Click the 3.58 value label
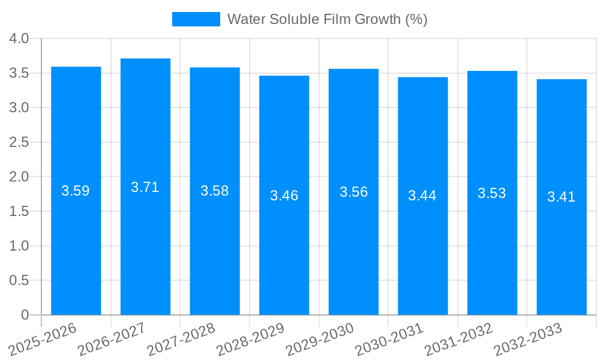tap(215, 191)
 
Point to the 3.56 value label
tap(353, 192)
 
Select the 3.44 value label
tap(422, 196)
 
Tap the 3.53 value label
tap(492, 193)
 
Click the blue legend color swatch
tap(196, 19)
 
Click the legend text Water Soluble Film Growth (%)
tap(327, 19)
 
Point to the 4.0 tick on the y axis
tap(19, 38)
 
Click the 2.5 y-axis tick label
tap(19, 142)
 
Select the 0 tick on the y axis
tap(25, 315)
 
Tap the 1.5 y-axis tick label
tap(19, 211)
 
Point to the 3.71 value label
tap(145, 187)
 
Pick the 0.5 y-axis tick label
tap(19, 280)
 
